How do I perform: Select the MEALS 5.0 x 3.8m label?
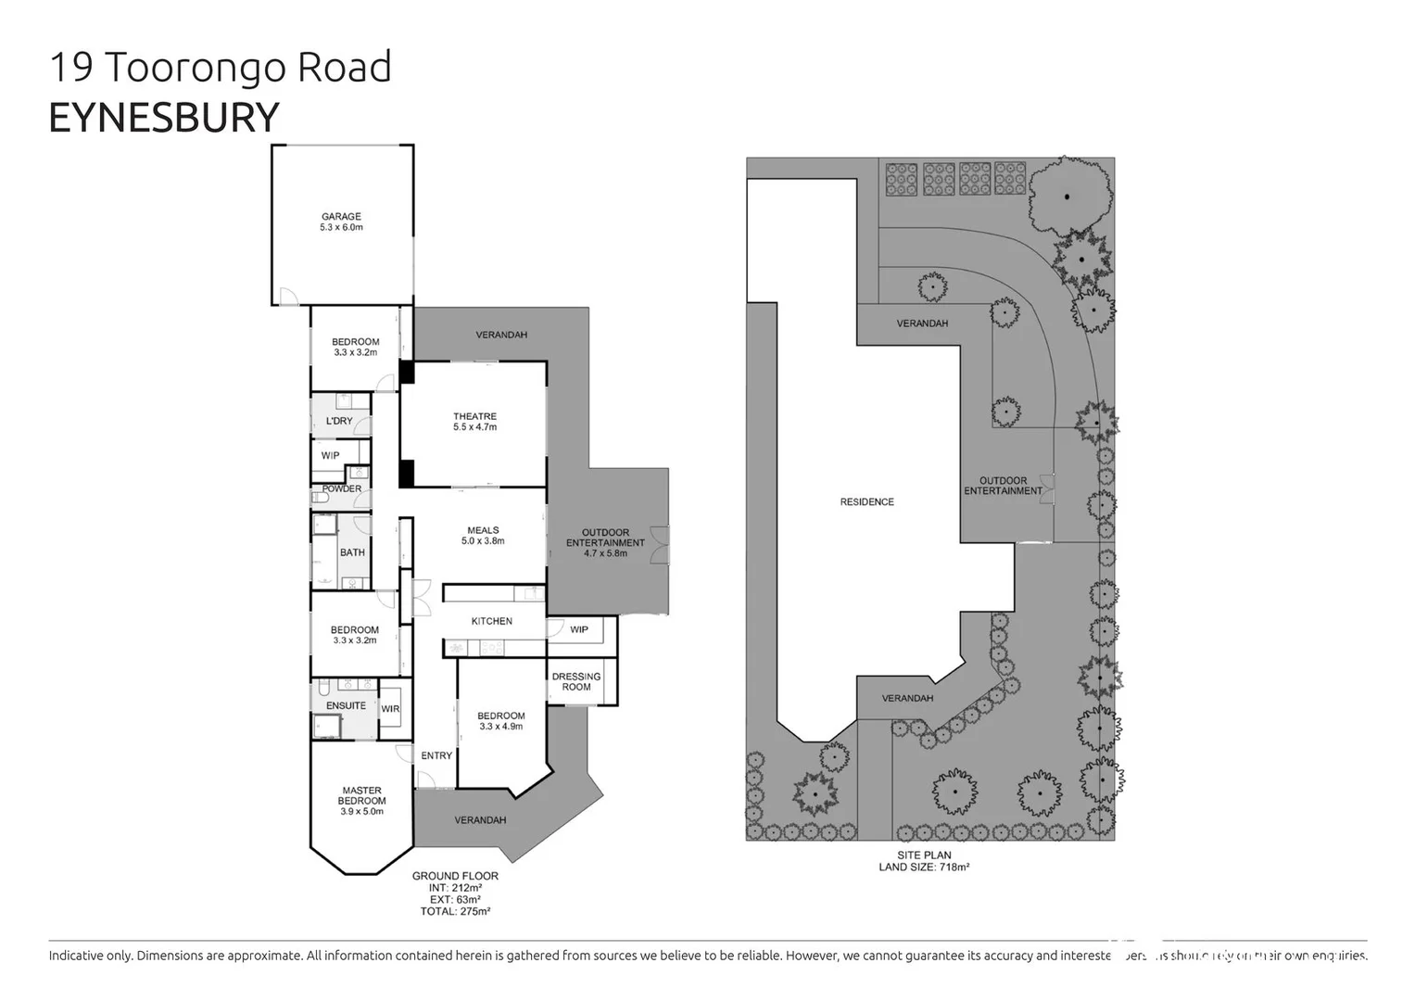pos(483,536)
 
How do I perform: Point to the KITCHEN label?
pos(491,621)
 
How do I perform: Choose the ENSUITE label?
pos(346,705)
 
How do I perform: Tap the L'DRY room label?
pos(339,421)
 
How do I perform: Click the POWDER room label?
pos(342,488)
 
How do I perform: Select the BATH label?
pos(352,552)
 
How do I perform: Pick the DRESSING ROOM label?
pos(576,681)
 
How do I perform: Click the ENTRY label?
pos(436,755)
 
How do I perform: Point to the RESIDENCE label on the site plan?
pos(867,501)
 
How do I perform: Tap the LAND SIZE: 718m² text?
pos(924,868)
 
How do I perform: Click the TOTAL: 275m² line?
pos(455,911)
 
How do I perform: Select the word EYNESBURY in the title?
pos(163,118)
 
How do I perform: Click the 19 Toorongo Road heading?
pos(221,68)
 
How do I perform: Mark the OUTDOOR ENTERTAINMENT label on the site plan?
pos(1003,486)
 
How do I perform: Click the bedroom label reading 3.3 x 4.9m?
pos(501,721)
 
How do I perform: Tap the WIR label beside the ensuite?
pos(390,709)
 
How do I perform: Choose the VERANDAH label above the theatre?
pos(501,335)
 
